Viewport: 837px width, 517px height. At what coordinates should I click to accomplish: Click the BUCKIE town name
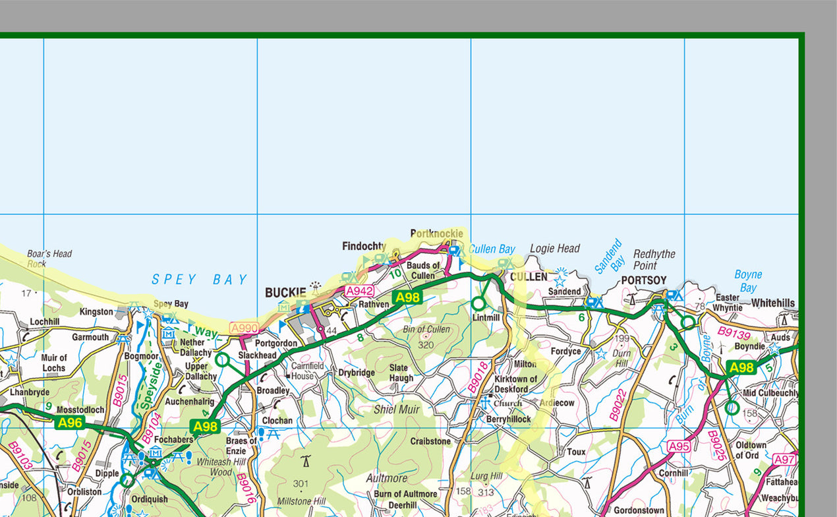[x=285, y=292]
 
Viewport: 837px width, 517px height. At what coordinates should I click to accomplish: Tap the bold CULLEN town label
[x=529, y=277]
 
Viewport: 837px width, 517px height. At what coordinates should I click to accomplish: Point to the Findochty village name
[x=364, y=246]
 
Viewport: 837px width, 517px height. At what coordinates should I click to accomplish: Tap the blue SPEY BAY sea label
[x=200, y=280]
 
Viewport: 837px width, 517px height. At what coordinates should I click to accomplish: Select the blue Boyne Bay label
[x=748, y=281]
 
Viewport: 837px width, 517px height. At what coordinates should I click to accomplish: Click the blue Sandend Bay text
[x=610, y=257]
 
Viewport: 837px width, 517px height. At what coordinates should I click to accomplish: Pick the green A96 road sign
[x=70, y=423]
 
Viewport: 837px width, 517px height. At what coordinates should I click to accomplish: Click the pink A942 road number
[x=360, y=291]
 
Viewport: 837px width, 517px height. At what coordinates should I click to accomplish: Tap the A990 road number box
[x=245, y=328]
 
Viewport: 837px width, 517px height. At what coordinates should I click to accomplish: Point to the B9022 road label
[x=618, y=404]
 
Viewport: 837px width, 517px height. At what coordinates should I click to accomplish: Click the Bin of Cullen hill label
[x=426, y=329]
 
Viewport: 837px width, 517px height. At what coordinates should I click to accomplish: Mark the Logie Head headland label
[x=555, y=249]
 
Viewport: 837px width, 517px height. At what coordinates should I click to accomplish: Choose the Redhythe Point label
[x=654, y=260]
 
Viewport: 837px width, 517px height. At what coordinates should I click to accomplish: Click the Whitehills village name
[x=773, y=303]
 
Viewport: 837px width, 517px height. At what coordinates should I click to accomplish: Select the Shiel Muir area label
[x=396, y=410]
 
